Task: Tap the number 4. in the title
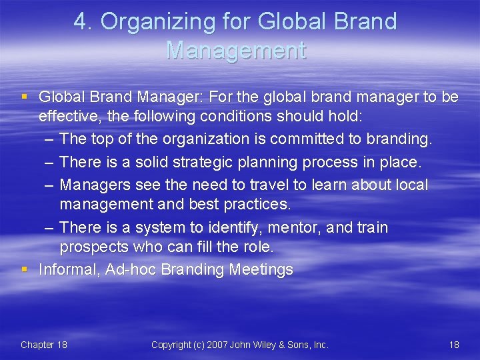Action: (83, 22)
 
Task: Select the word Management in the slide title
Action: (237, 50)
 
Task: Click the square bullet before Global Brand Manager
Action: (25, 97)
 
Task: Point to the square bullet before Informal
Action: (25, 269)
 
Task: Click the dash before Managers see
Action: (50, 185)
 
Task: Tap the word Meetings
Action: (261, 269)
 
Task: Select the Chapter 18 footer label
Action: (44, 345)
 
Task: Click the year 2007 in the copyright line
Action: (218, 345)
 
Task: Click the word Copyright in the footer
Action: (171, 345)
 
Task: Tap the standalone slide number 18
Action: (454, 345)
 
